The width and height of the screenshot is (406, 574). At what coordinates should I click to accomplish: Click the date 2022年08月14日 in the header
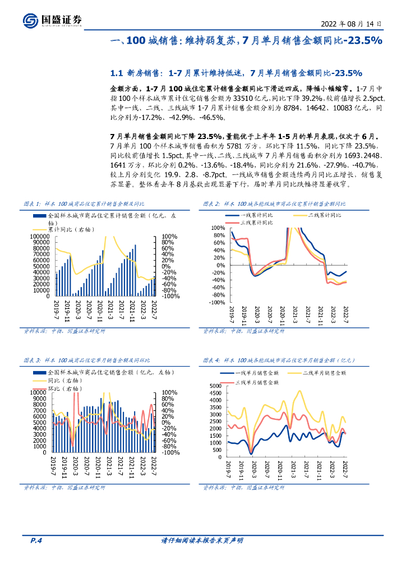pos(351,24)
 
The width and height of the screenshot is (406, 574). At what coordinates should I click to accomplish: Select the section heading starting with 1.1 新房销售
pos(236,73)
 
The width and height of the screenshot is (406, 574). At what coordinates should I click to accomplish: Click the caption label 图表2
pos(211,204)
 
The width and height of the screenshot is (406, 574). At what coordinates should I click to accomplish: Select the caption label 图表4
pos(211,360)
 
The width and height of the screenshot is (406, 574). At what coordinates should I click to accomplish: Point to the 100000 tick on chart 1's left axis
pos(41,237)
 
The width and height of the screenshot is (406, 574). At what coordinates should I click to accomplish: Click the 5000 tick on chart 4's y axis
pos(216,386)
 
